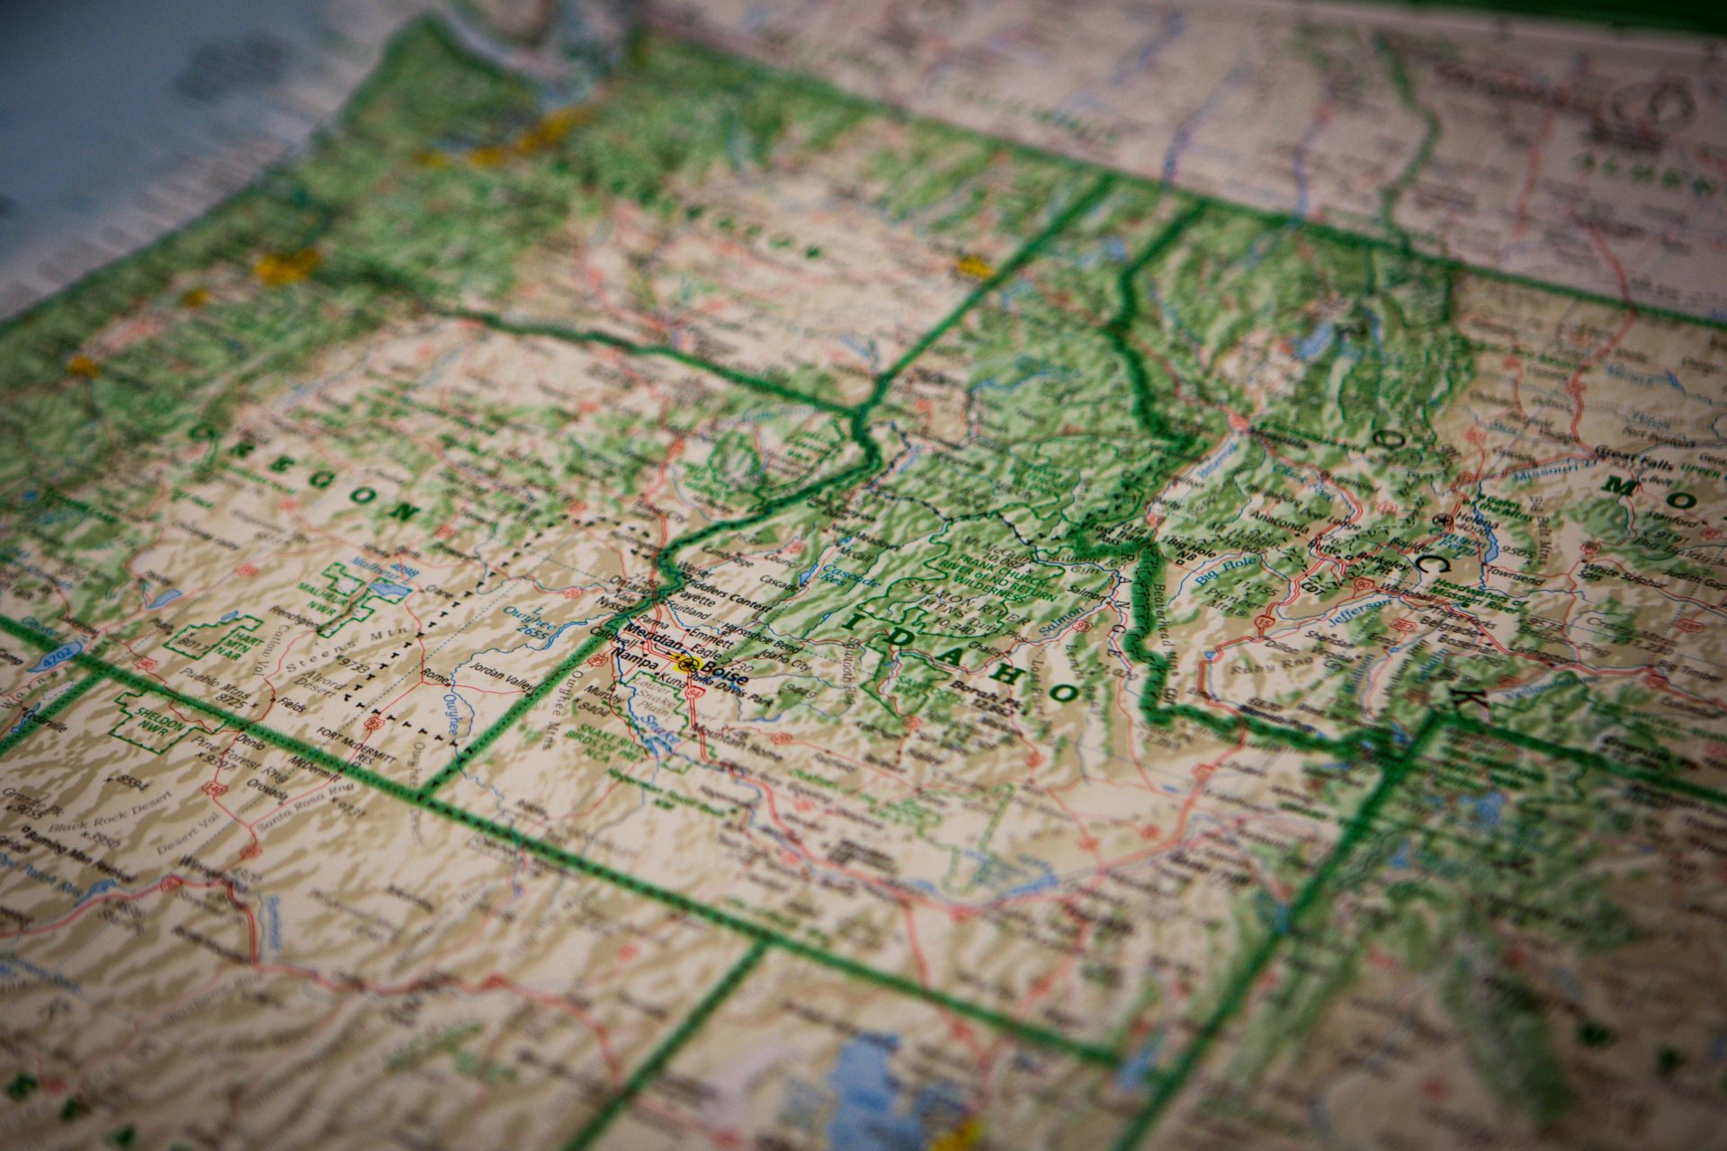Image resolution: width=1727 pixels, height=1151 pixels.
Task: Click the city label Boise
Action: coord(722,670)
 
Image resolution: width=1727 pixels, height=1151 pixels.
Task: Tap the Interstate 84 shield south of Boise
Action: coord(693,693)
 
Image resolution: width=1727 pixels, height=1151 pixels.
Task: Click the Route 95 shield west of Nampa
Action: coord(595,661)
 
